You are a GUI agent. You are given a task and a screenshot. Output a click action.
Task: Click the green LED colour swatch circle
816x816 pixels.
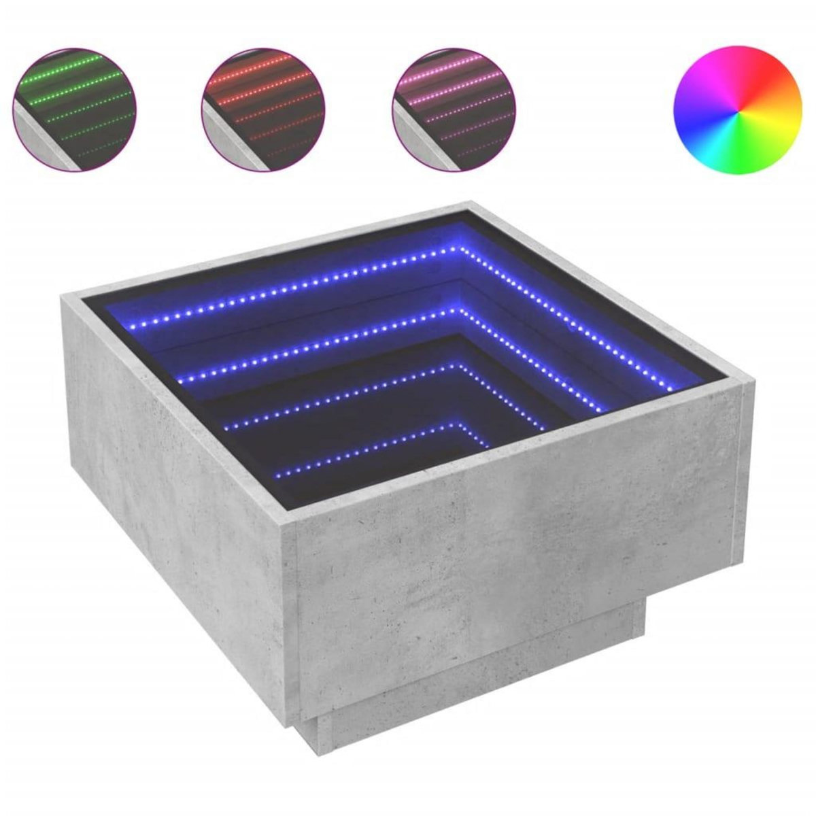point(75,109)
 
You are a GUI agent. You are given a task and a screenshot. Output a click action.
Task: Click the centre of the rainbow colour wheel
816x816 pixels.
point(738,109)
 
